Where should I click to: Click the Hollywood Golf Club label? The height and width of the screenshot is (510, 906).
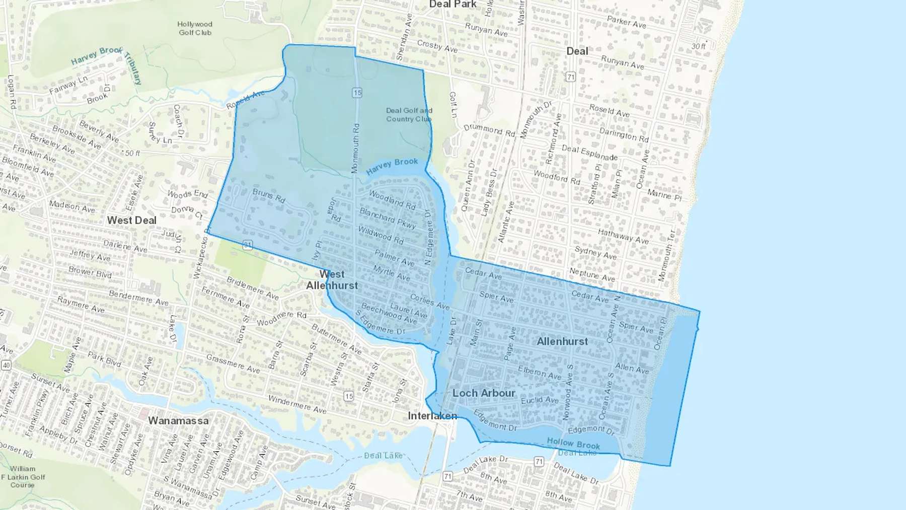tap(195, 28)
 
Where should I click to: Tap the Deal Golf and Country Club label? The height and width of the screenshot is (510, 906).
tap(409, 115)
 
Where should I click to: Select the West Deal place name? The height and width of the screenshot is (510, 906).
tap(132, 221)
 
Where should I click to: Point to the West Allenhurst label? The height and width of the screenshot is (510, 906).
tap(332, 280)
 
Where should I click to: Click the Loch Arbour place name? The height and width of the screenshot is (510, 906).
tap(484, 393)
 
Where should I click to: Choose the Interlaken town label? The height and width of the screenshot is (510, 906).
tap(432, 416)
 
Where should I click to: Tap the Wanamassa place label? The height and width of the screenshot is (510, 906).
tap(178, 420)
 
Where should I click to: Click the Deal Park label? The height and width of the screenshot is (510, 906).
tap(452, 5)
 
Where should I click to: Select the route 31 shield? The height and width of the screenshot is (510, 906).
tap(247, 245)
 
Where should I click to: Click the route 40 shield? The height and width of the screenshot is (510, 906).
tap(6, 365)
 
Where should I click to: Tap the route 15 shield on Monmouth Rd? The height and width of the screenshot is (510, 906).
tap(357, 93)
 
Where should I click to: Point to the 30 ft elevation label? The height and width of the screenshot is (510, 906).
tap(698, 46)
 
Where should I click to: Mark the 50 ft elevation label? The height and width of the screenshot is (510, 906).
tap(132, 153)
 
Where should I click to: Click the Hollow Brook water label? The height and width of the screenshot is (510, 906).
tap(573, 444)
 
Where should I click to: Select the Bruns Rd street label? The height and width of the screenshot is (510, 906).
tap(269, 196)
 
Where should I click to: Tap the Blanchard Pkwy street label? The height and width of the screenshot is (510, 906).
tap(388, 218)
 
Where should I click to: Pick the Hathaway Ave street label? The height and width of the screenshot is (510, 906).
tap(623, 236)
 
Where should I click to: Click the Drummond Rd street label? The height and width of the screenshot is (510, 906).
tap(489, 130)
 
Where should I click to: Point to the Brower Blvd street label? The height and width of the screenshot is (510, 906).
tap(90, 272)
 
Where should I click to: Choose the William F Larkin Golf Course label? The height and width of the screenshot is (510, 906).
tap(23, 477)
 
